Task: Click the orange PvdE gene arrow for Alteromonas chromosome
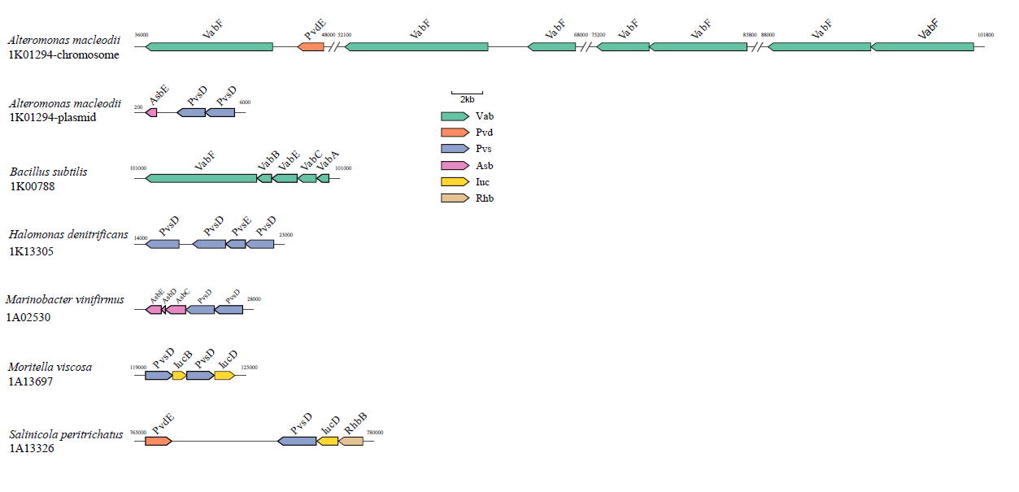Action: (311, 47)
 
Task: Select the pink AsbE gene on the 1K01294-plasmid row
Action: (151, 112)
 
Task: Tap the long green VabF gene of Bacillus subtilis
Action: (202, 178)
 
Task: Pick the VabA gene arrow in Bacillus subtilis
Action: (324, 178)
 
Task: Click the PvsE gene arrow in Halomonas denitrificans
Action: (237, 244)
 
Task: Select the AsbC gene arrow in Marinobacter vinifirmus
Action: (176, 310)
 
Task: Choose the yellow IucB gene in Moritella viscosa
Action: (179, 375)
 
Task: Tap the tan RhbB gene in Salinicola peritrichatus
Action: (351, 441)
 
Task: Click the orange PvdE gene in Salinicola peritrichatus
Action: (158, 441)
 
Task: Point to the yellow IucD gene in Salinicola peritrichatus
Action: (328, 441)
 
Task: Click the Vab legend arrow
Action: (455, 116)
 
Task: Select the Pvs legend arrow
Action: (455, 149)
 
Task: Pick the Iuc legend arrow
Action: (455, 181)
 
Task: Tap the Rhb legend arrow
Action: (455, 198)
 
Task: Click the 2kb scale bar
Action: (467, 94)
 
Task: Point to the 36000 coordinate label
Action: (141, 36)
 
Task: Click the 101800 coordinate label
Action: (985, 36)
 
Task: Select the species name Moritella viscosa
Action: (50, 367)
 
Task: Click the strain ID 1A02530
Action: (28, 317)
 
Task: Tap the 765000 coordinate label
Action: (137, 433)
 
